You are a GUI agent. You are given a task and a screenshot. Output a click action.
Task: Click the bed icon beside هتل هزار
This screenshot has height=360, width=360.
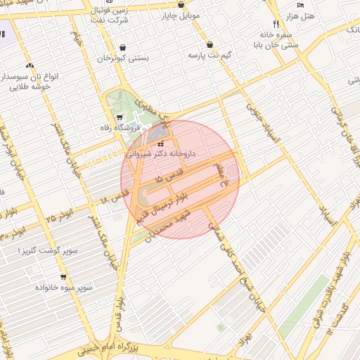click(301, 5)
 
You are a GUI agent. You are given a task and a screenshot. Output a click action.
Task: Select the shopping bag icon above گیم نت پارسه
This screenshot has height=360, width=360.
click(210, 44)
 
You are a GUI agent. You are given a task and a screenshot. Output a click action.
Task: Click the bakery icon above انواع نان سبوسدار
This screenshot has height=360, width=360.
click(29, 65)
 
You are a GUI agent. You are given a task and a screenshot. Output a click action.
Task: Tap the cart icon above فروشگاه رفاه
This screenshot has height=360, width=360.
click(119, 117)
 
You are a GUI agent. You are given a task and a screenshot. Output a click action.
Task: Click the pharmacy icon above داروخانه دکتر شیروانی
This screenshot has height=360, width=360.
click(160, 143)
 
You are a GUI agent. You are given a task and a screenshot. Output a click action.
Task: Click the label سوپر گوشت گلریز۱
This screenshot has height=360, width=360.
click(42, 250)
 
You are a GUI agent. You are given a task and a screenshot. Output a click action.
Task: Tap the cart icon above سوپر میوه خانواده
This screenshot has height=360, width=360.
click(64, 277)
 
